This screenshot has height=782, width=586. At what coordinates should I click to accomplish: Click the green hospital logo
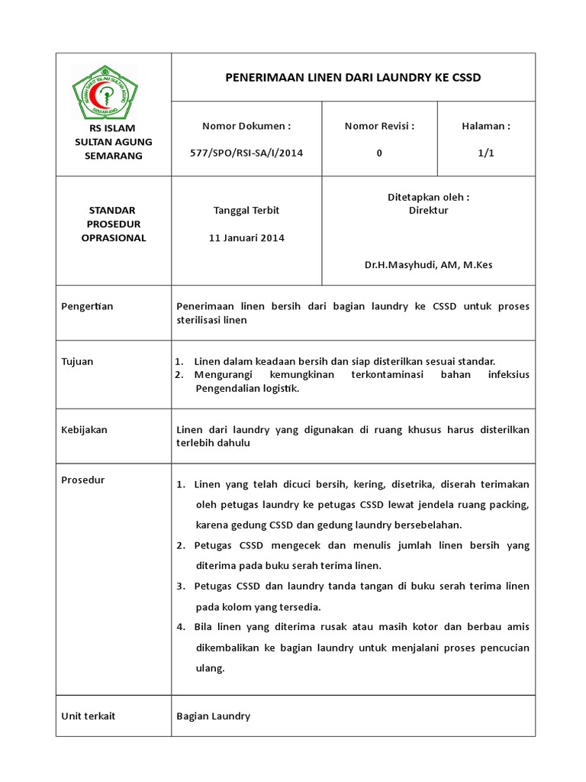[104, 91]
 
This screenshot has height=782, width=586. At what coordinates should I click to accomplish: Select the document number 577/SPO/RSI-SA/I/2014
[246, 153]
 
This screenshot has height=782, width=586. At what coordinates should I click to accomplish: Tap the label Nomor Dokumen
[246, 126]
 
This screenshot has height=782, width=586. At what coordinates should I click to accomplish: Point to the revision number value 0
[379, 153]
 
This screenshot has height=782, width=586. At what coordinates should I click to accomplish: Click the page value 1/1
[486, 153]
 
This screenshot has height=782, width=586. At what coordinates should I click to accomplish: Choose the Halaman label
[486, 126]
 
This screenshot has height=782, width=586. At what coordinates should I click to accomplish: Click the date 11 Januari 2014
[246, 238]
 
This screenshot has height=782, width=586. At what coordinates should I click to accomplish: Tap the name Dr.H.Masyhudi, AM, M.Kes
[428, 265]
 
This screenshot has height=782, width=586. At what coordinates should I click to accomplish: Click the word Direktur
[428, 210]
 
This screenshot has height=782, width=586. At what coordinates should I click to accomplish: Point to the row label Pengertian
[87, 306]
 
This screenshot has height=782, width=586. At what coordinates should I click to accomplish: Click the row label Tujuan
[77, 361]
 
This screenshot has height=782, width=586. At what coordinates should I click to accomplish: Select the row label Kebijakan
[84, 430]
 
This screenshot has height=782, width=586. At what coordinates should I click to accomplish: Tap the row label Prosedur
[82, 480]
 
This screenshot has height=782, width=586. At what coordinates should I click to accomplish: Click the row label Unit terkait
[88, 716]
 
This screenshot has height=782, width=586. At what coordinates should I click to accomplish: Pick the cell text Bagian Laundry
[213, 716]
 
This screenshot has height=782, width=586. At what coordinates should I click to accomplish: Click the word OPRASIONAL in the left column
[114, 238]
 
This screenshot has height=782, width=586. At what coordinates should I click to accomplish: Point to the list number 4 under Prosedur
[181, 627]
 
